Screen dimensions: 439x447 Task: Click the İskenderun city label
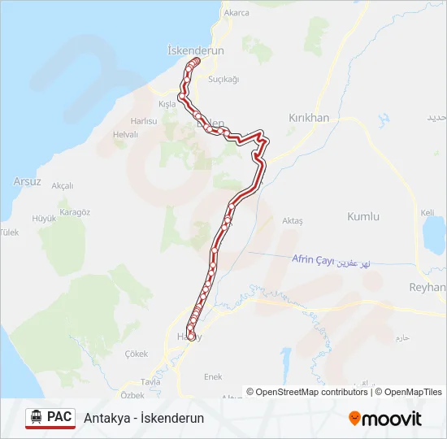click(194, 50)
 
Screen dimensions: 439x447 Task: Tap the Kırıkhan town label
click(309, 118)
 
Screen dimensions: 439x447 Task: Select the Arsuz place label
click(28, 181)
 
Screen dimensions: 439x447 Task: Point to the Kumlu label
click(363, 217)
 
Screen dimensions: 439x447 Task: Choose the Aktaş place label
click(292, 221)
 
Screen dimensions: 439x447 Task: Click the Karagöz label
click(75, 212)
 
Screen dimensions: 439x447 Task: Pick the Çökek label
click(137, 354)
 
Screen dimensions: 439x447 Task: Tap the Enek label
click(213, 377)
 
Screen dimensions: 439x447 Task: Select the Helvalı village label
click(126, 135)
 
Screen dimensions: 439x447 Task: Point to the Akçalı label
click(63, 186)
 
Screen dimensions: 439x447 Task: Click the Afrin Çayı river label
click(312, 259)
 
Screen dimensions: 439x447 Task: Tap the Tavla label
click(151, 382)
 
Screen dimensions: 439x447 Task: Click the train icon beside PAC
click(36, 418)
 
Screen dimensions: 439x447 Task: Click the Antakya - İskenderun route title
click(144, 419)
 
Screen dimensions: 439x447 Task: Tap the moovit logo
click(385, 419)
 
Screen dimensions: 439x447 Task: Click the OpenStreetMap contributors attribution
click(308, 392)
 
